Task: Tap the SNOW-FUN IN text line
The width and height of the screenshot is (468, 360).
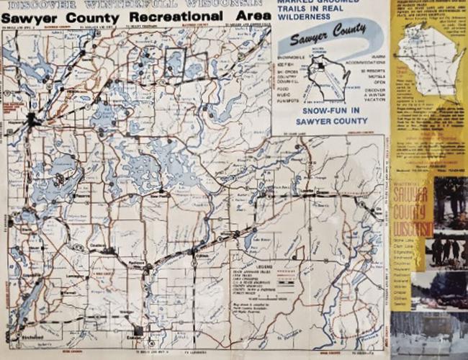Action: (x=328, y=112)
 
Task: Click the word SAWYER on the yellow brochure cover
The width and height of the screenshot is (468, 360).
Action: (x=413, y=196)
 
